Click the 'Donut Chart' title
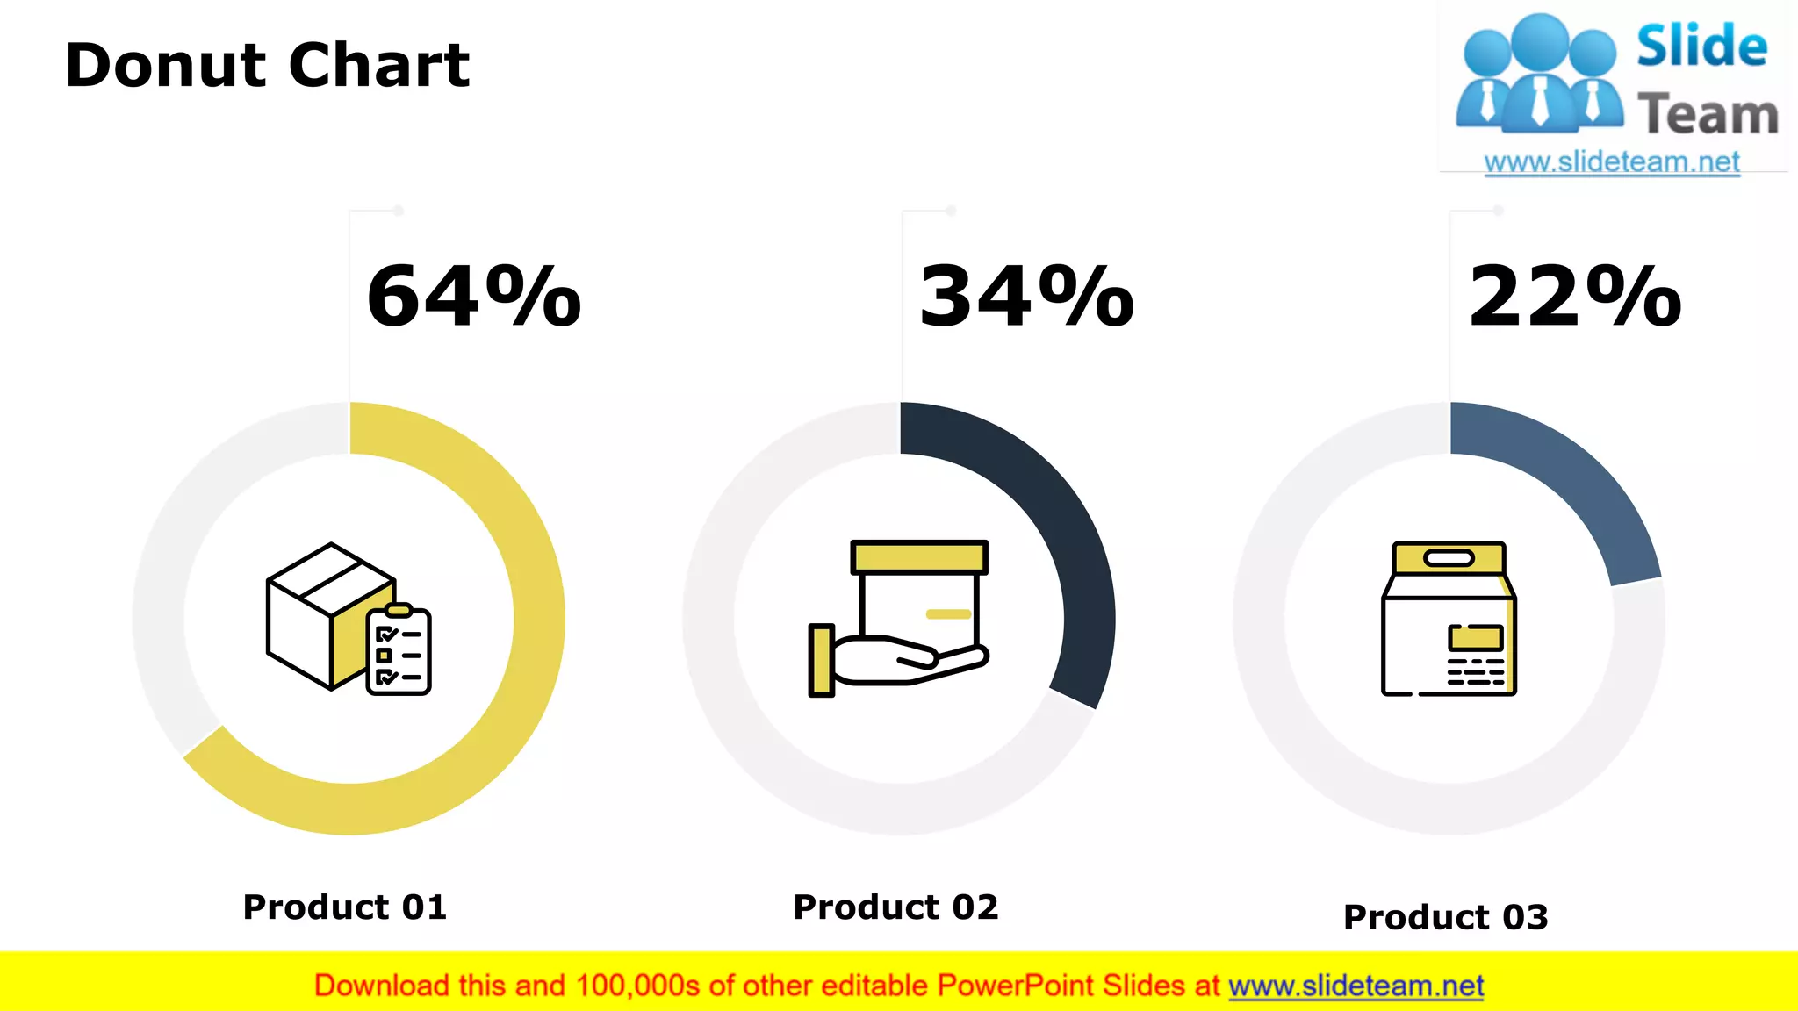pos(267,66)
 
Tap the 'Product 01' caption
pos(345,907)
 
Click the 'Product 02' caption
pos(895,907)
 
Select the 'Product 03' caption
pos(1446,917)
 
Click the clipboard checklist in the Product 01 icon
pos(399,651)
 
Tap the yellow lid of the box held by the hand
pos(919,557)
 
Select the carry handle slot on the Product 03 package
pos(1449,558)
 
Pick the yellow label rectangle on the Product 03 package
pos(1476,636)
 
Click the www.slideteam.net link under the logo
pos(1612,162)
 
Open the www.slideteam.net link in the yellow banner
pos(1356,986)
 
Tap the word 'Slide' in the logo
pos(1701,47)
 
